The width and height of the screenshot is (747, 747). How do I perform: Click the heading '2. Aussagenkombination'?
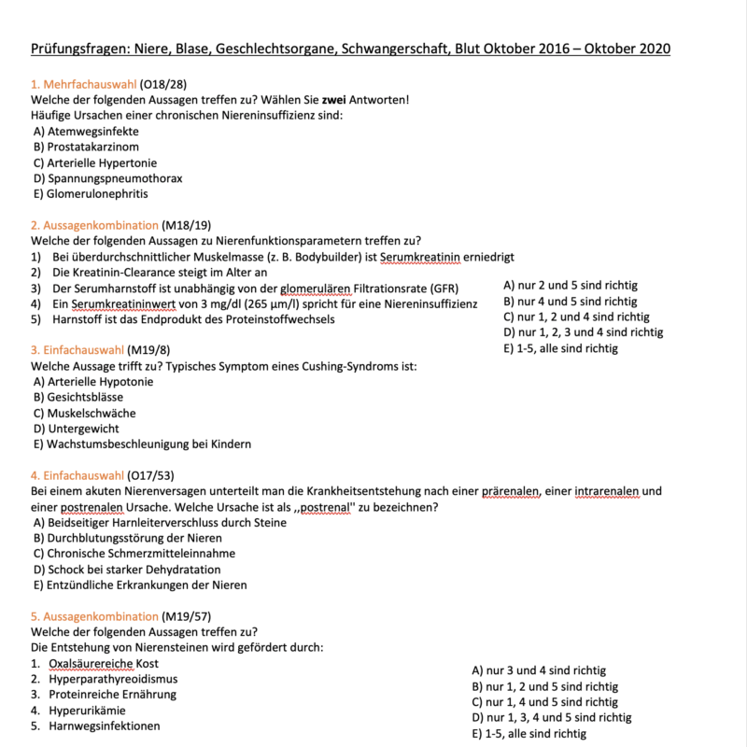[94, 225]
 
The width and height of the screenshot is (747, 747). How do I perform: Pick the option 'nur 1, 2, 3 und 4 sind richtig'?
[583, 332]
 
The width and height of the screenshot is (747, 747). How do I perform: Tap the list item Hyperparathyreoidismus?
[113, 679]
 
